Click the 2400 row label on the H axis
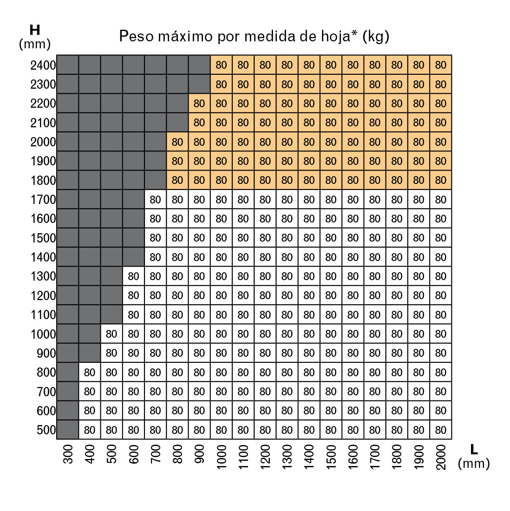tap(43, 66)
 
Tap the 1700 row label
tap(43, 200)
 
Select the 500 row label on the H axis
tap(46, 430)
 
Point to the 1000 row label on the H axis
tap(43, 334)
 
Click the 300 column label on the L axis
tap(68, 454)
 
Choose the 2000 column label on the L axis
tap(441, 457)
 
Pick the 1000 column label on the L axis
tap(221, 457)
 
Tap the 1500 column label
tap(331, 457)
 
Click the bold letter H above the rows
tap(34, 30)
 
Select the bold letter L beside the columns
tap(474, 449)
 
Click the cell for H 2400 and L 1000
tap(221, 65)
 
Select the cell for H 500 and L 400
tap(90, 430)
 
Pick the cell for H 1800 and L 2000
tap(441, 180)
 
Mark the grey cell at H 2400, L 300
tap(68, 65)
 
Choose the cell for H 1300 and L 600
tap(133, 276)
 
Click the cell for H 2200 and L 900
tap(199, 104)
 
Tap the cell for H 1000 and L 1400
tap(309, 334)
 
